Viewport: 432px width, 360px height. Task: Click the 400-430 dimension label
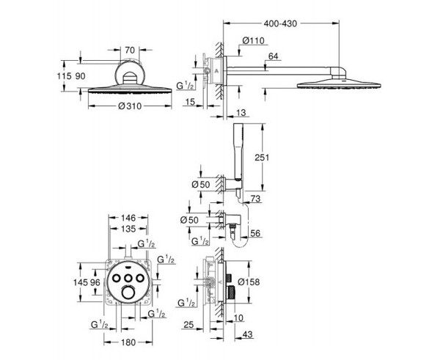coord(280,23)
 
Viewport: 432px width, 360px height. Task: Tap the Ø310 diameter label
coord(130,106)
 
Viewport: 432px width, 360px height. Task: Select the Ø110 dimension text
coord(253,41)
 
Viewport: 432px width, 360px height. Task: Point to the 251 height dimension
coord(262,158)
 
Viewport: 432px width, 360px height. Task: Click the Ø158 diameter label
coord(249,282)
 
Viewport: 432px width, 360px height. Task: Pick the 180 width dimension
coord(128,342)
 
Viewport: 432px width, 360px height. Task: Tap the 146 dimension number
coord(128,218)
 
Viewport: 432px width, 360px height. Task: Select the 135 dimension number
coord(128,229)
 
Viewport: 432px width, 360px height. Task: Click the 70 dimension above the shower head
coord(130,50)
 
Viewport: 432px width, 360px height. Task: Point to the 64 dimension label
coord(274,56)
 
